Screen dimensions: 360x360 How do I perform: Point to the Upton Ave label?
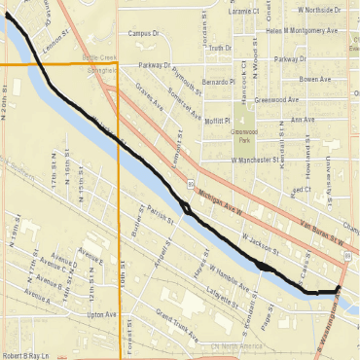point(101,315)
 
